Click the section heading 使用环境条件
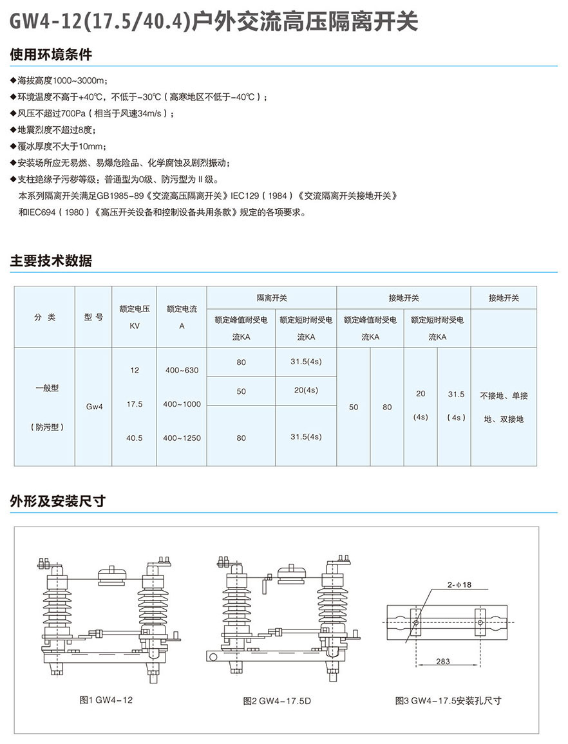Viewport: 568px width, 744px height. [51, 55]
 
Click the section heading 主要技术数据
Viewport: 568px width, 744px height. [51, 261]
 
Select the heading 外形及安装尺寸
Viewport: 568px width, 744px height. [57, 501]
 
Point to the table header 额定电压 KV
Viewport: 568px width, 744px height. [135, 317]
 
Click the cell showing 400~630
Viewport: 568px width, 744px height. [182, 371]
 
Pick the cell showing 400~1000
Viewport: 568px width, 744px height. [182, 404]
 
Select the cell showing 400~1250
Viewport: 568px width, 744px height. [182, 438]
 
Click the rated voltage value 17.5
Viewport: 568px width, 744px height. [135, 404]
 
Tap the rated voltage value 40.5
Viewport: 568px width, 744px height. [135, 438]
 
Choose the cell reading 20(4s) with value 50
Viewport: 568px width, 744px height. [305, 391]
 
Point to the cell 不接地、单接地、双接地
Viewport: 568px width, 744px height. [504, 407]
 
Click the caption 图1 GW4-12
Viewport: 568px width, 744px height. [106, 700]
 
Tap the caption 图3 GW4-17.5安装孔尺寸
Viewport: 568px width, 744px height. [448, 700]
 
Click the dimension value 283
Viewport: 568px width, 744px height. [442, 661]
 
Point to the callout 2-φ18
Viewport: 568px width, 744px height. [459, 584]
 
